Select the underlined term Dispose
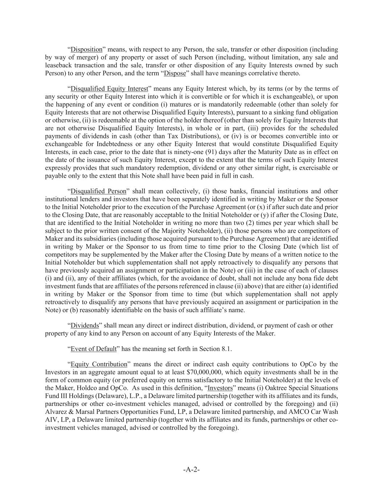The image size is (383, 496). (175, 73)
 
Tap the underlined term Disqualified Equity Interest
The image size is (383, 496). (109, 89)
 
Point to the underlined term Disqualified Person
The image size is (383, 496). (98, 191)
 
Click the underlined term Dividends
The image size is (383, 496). (85, 326)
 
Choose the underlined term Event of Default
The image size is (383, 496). (94, 349)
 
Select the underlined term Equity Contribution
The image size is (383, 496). (99, 364)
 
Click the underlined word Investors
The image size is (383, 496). (220, 388)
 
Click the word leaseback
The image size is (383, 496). (58, 65)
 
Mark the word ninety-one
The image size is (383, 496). (219, 152)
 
